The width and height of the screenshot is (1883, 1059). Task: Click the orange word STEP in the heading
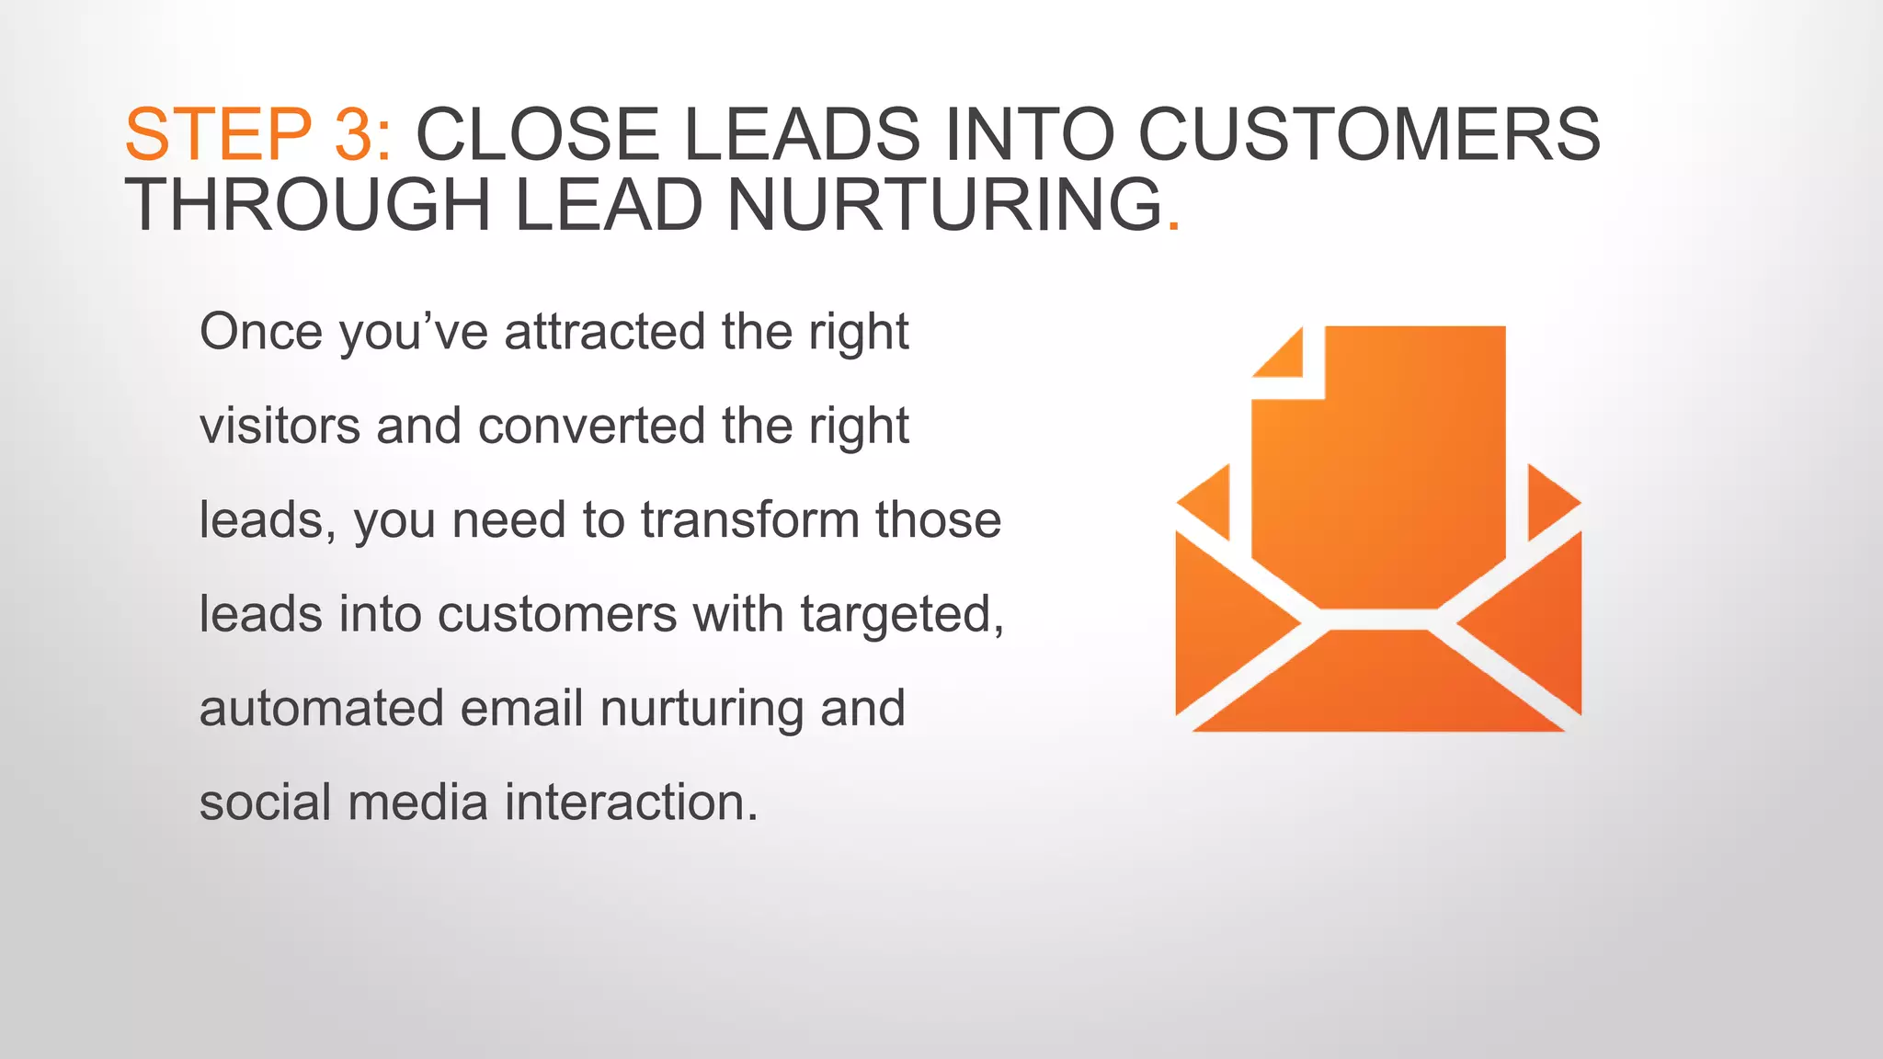point(218,135)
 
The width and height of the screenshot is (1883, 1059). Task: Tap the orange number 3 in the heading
point(353,135)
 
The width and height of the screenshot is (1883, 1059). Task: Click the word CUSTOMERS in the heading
point(1369,135)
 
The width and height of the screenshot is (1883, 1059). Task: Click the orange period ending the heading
point(1172,225)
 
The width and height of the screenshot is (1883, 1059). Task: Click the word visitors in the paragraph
point(280,427)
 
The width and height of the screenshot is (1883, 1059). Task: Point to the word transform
point(749,520)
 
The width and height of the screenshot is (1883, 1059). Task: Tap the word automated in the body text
point(321,709)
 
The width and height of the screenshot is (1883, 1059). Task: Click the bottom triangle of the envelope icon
point(1378,689)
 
